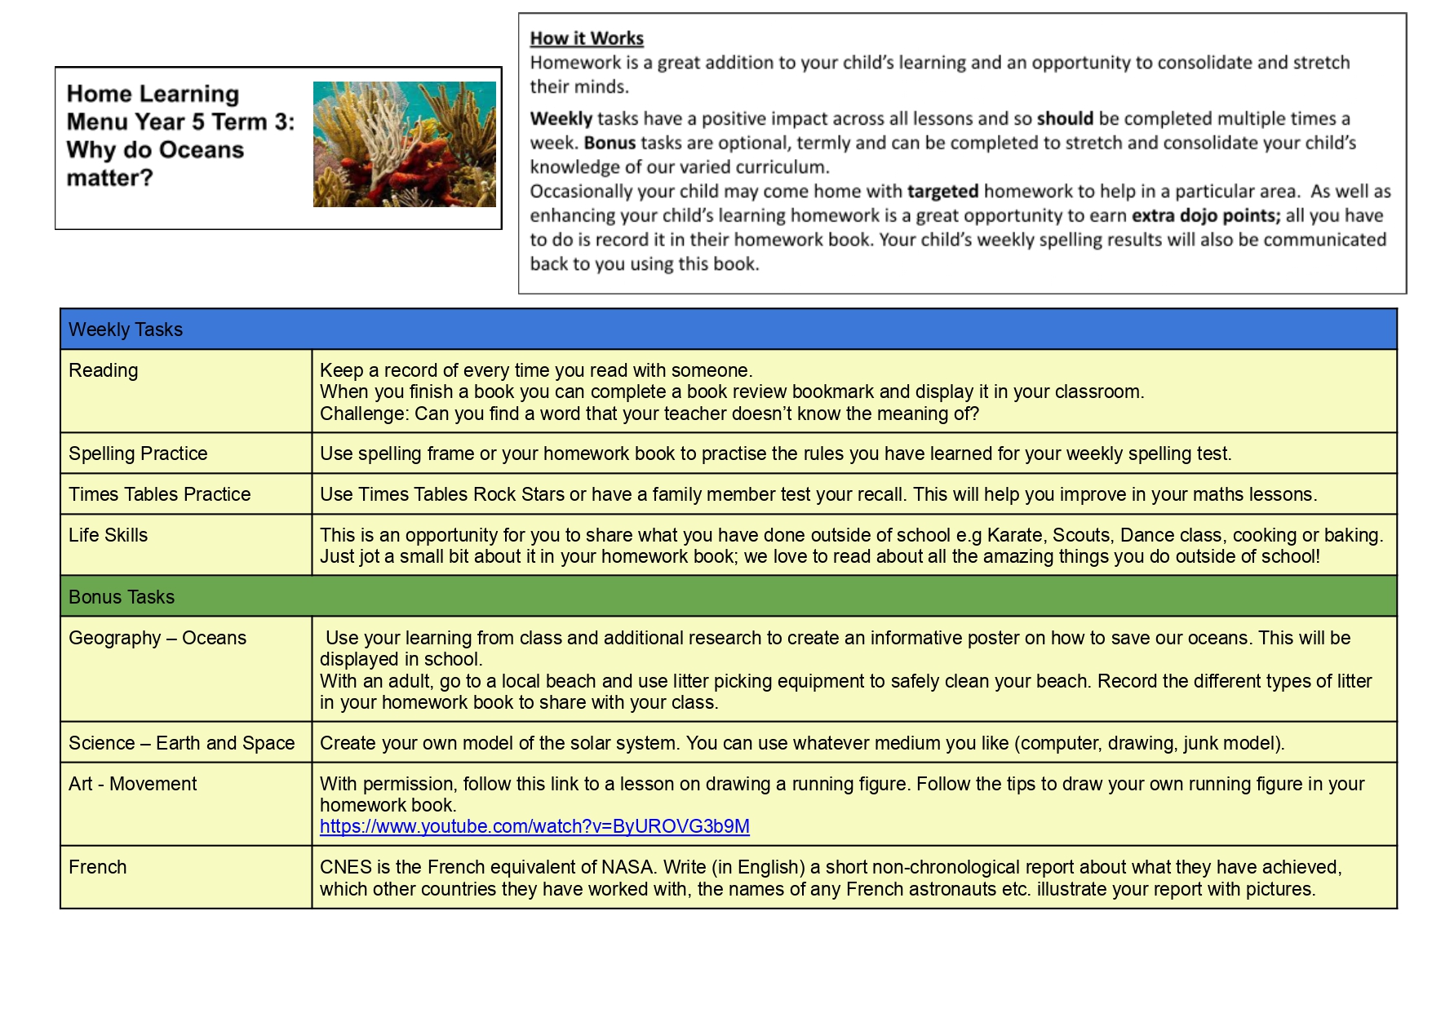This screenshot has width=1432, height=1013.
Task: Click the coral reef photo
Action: [x=404, y=144]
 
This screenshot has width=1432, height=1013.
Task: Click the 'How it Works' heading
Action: [x=587, y=38]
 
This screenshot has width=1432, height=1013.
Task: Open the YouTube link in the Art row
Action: [x=534, y=826]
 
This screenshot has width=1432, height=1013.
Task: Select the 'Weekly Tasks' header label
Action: [x=126, y=330]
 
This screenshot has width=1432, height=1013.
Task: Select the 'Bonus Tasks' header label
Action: [x=122, y=597]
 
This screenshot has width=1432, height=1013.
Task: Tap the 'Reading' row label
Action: [x=104, y=370]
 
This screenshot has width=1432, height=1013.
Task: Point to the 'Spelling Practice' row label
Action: [x=138, y=453]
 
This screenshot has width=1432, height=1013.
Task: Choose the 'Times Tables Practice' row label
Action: [x=160, y=494]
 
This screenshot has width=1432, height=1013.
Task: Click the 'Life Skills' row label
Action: [x=109, y=535]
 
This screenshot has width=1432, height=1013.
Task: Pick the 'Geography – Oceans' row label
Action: [x=157, y=638]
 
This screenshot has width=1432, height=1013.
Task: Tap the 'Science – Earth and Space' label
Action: [x=182, y=743]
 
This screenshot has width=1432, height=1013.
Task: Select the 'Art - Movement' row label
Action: [x=133, y=784]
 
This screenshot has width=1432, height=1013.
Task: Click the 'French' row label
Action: [x=98, y=867]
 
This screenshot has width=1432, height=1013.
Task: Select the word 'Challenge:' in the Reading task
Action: [x=364, y=414]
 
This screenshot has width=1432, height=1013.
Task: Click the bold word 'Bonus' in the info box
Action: [x=610, y=143]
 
